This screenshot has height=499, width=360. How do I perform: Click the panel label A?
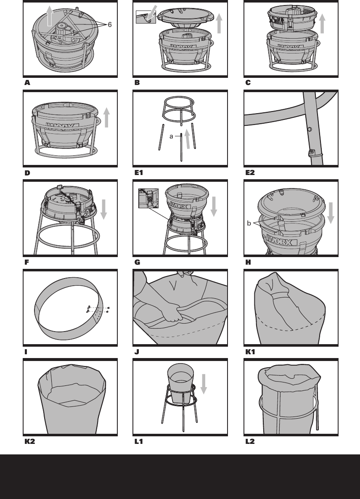point(27,83)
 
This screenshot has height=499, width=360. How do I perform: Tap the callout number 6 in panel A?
point(110,25)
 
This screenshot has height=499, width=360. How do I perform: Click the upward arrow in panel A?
point(50,17)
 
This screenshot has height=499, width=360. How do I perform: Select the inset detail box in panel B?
point(146,17)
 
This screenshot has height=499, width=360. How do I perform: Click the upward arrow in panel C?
point(322,24)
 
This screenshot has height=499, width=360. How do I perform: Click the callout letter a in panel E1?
point(171,136)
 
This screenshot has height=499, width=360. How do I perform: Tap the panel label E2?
point(250,173)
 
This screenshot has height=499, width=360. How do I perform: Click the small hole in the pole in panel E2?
point(310,129)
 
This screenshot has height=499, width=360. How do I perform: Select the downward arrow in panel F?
point(104,210)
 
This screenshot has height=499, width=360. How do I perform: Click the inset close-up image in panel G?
point(148,198)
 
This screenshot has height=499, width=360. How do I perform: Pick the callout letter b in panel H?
point(249,223)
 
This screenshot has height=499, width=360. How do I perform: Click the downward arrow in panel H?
point(331,213)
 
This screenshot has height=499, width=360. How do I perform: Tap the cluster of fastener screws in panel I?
point(97,310)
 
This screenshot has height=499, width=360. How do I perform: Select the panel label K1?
point(250,352)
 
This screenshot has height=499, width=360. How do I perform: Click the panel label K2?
point(29,442)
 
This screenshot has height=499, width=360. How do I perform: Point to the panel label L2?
point(250,442)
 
